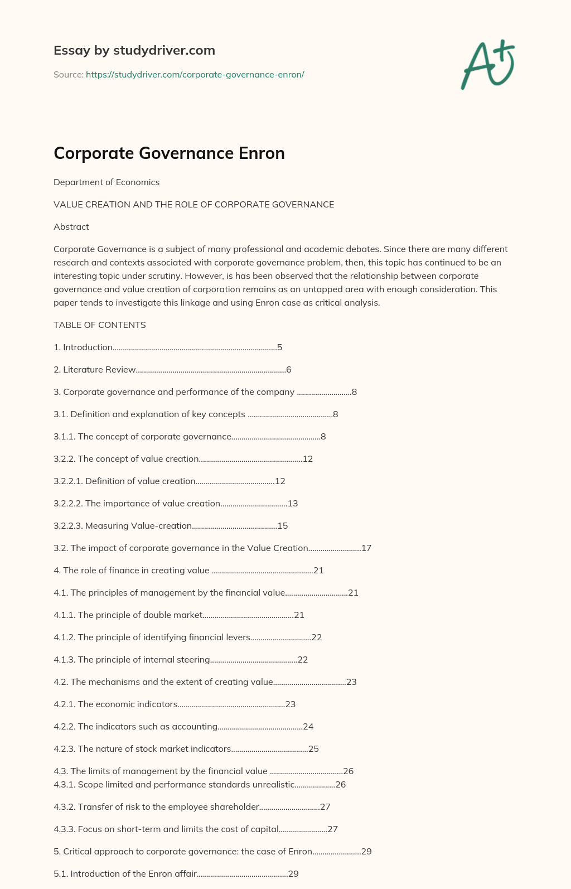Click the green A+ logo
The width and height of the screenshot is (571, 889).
pyautogui.click(x=488, y=64)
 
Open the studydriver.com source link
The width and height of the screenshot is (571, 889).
pyautogui.click(x=195, y=74)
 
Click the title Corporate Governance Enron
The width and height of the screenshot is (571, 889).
pyautogui.click(x=169, y=153)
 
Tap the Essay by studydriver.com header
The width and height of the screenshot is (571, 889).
pyautogui.click(x=134, y=50)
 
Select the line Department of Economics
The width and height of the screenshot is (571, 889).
pyautogui.click(x=107, y=182)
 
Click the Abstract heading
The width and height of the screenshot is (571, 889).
pyautogui.click(x=71, y=227)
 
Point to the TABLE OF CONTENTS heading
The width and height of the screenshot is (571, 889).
pyautogui.click(x=100, y=325)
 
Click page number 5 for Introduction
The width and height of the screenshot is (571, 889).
pyautogui.click(x=280, y=347)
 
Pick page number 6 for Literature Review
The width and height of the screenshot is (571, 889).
pyautogui.click(x=289, y=370)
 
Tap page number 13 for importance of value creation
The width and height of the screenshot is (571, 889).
pyautogui.click(x=293, y=504)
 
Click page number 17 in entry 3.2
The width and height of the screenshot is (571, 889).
pyautogui.click(x=366, y=548)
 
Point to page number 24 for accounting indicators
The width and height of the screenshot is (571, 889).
pyautogui.click(x=308, y=727)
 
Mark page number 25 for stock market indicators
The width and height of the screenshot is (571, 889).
pyautogui.click(x=314, y=749)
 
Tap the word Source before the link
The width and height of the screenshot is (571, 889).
pyautogui.click(x=68, y=74)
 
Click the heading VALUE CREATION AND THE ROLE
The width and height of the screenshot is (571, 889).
pyautogui.click(x=193, y=205)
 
